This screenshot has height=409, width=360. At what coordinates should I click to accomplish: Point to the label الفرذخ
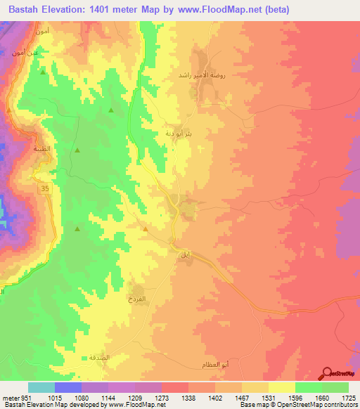click(x=136, y=299)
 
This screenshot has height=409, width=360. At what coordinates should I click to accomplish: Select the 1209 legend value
click(x=123, y=397)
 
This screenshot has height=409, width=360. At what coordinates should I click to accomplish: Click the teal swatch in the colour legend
click(x=41, y=387)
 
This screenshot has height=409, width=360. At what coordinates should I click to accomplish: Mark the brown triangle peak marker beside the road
click(x=146, y=228)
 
